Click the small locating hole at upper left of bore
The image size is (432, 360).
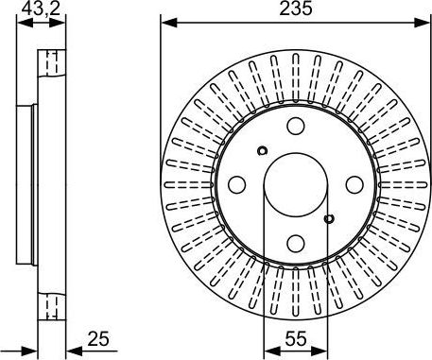click(x=262, y=149)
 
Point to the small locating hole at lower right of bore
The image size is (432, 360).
click(x=328, y=219)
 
